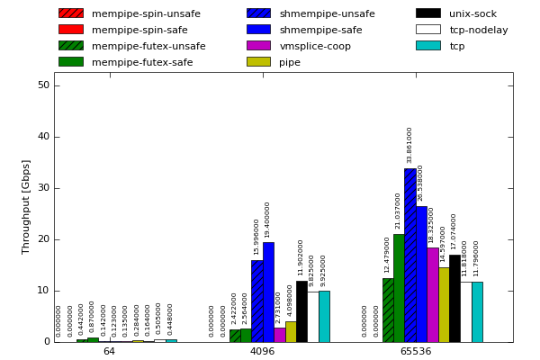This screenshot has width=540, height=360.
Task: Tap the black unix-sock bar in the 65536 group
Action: click(x=454, y=298)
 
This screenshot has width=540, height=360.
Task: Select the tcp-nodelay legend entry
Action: click(x=478, y=30)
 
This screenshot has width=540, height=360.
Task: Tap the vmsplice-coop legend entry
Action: click(x=315, y=46)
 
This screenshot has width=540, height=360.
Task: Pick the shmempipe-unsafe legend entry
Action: click(x=327, y=13)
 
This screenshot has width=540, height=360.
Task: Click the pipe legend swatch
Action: click(x=258, y=62)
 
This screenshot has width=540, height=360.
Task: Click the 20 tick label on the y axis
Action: click(x=43, y=239)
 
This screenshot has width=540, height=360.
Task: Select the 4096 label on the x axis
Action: click(x=262, y=351)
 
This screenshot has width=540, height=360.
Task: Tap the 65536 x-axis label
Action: click(x=415, y=351)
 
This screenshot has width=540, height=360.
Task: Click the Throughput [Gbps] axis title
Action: click(x=26, y=206)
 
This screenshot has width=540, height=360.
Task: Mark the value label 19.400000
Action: click(x=268, y=220)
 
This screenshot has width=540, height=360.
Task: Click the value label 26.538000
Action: click(x=420, y=183)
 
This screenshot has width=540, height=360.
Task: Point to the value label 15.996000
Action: click(x=256, y=237)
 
